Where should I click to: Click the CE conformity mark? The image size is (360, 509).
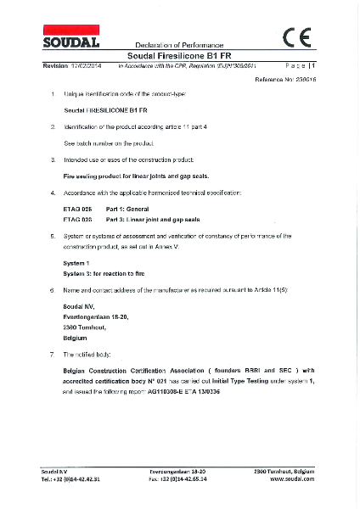pos(298,36)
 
